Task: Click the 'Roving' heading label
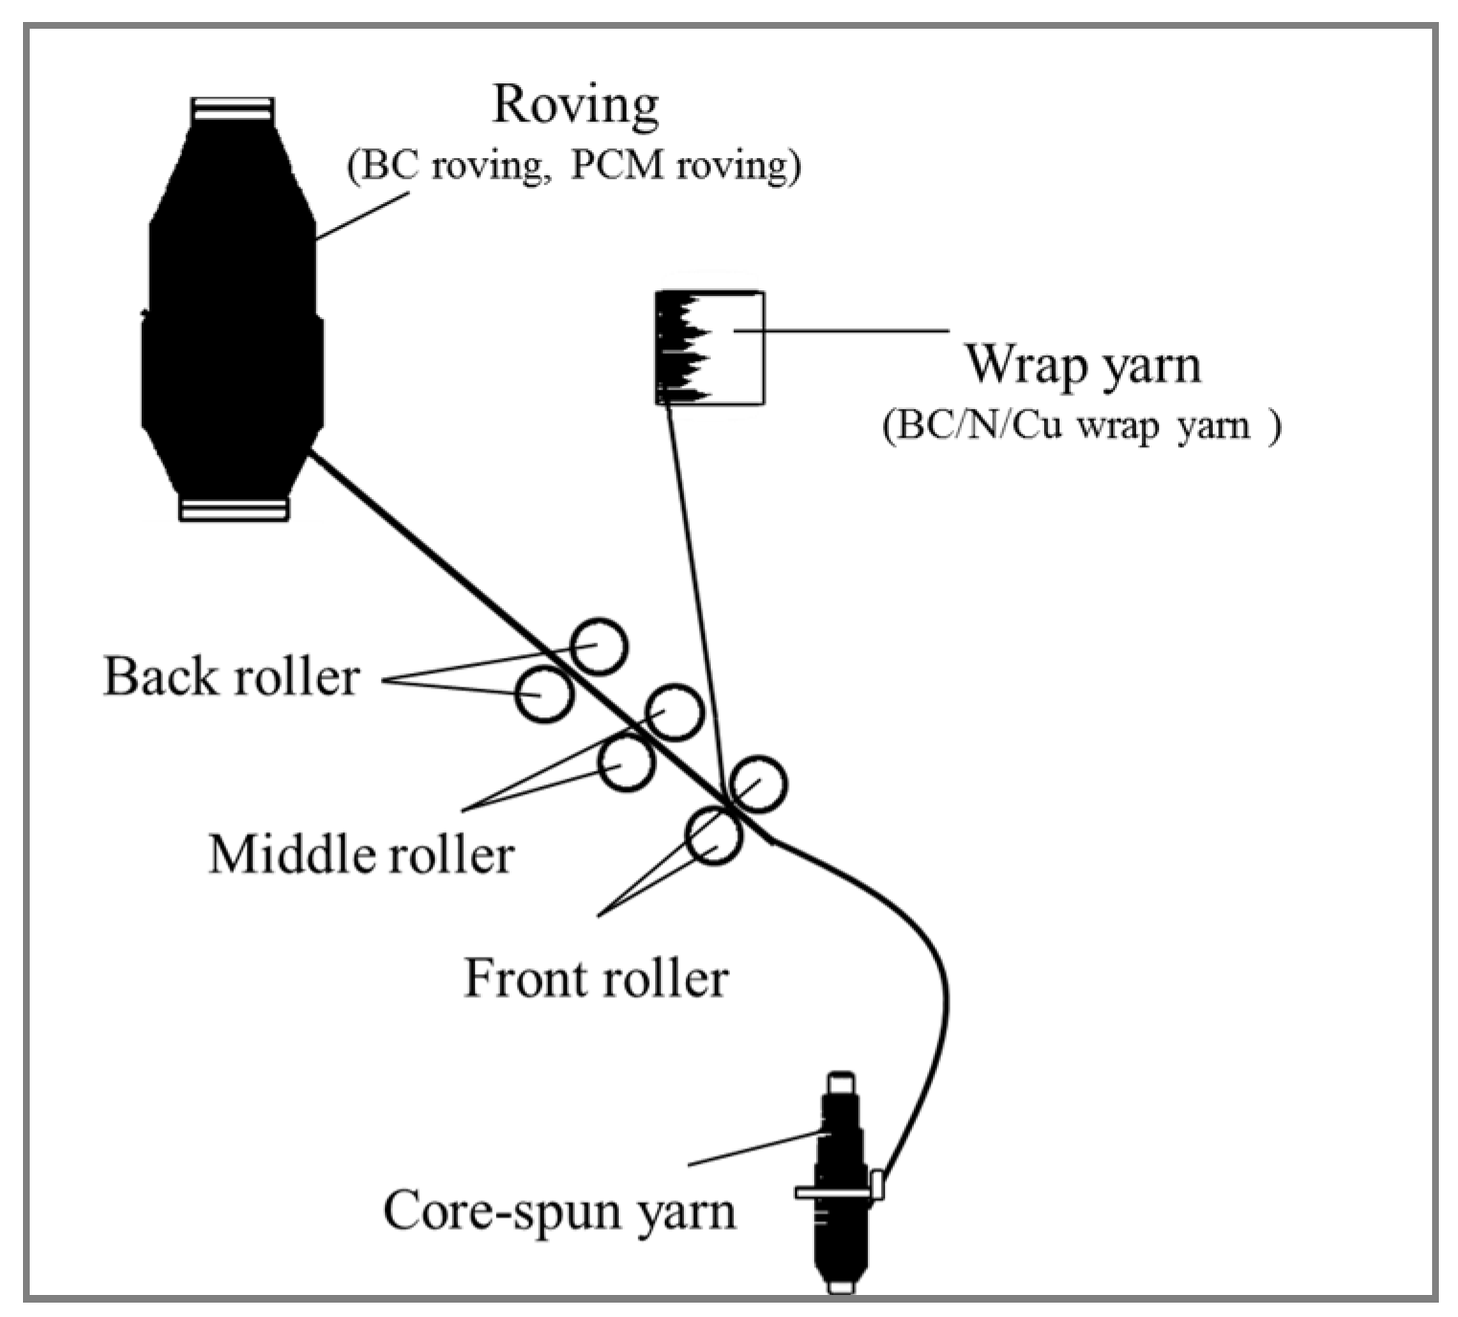coord(575,104)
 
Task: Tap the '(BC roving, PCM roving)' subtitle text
coord(573,166)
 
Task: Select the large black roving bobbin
coord(232,316)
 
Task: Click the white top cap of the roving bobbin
coord(232,109)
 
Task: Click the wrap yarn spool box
coord(710,348)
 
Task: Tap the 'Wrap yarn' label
coord(1082,365)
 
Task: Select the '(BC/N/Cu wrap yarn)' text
coord(1080,424)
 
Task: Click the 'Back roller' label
coord(231,677)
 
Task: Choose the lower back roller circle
coord(544,693)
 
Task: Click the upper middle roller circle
coord(674,712)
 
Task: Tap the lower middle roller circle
coord(626,762)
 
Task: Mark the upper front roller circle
coord(758,783)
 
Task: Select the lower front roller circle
coord(714,834)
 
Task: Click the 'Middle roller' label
coord(361,853)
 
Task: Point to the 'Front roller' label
coord(596,979)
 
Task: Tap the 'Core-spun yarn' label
coord(559,1210)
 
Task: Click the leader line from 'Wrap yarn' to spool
coord(843,330)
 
